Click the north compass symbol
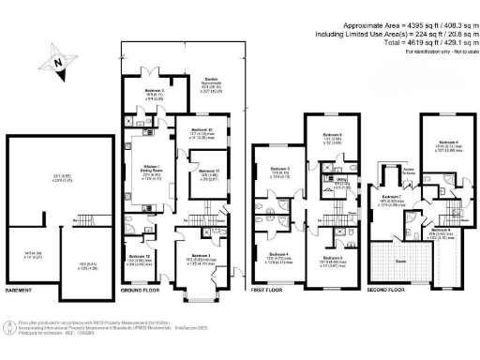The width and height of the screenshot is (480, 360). [58, 63]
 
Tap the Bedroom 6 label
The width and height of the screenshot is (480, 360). [332, 136]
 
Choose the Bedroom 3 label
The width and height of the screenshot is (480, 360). [333, 231]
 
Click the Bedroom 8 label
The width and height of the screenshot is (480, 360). [434, 141]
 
